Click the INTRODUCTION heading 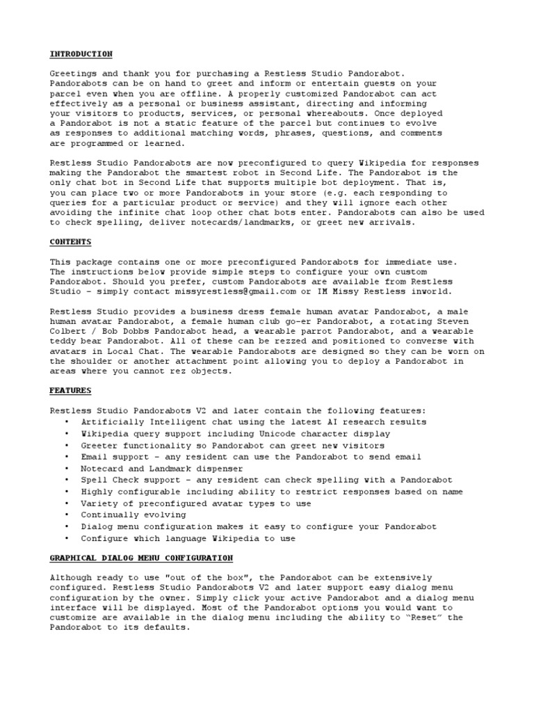81,54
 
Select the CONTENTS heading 70,241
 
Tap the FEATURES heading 70,391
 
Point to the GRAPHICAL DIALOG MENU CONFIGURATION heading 141,558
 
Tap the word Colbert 67,332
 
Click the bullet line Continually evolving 133,515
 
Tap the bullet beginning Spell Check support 266,480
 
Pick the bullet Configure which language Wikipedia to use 188,538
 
